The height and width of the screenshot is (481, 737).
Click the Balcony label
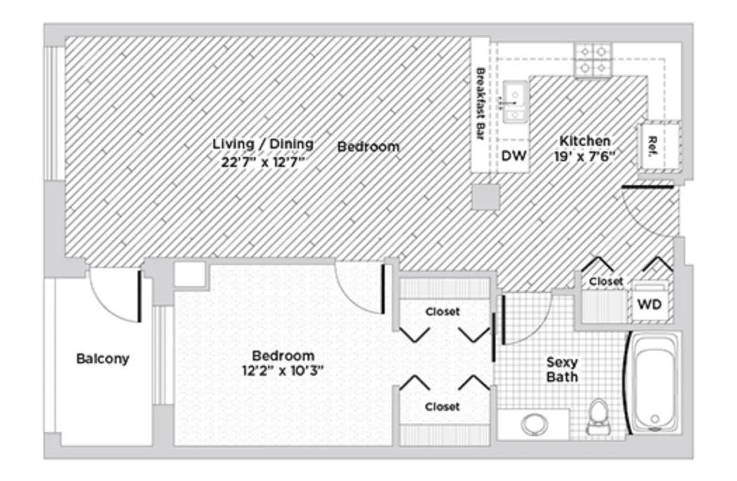click(x=102, y=359)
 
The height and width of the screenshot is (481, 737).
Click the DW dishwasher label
click(x=514, y=156)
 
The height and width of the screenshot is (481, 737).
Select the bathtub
click(x=654, y=382)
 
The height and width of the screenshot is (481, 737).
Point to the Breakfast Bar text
click(x=482, y=103)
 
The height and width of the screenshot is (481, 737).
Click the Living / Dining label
click(x=263, y=144)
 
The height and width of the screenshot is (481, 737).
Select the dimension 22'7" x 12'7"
click(x=263, y=161)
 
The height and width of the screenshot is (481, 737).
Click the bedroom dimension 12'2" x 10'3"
click(x=284, y=371)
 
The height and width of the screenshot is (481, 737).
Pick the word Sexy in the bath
click(x=562, y=363)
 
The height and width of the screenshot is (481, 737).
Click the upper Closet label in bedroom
click(x=443, y=311)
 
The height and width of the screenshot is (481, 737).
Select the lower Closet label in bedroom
click(x=443, y=407)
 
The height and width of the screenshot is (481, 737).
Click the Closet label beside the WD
click(x=605, y=281)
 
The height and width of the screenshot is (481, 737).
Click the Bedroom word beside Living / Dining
click(x=368, y=147)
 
